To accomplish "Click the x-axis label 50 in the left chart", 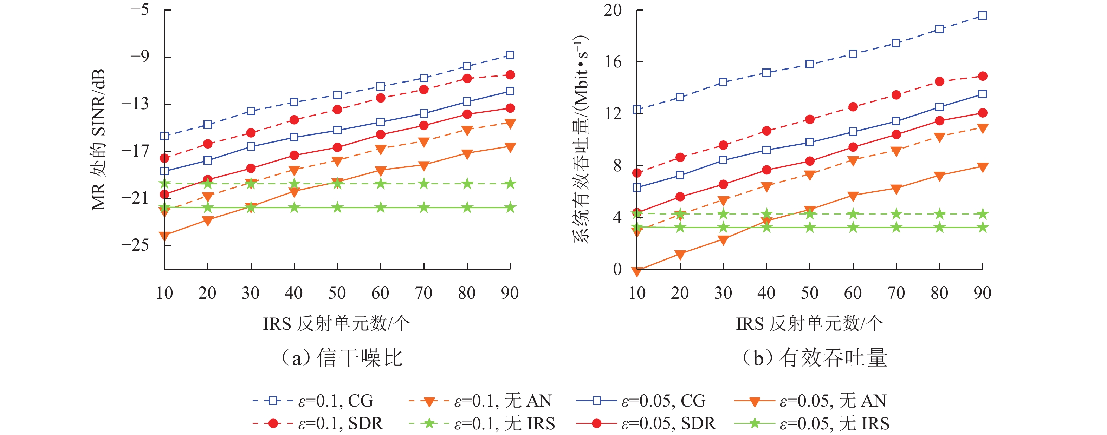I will [337, 293].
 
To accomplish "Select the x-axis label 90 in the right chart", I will [982, 293].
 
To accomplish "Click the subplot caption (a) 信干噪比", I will [342, 358].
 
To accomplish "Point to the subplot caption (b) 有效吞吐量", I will [814, 358].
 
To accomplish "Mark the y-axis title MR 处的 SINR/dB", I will [99, 140].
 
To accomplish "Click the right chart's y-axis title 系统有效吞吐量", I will [581, 140].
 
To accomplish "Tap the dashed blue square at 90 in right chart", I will [982, 16].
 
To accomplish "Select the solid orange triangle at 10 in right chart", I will [637, 271].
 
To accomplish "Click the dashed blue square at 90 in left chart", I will [510, 55].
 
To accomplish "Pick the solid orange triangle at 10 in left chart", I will [164, 235].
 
